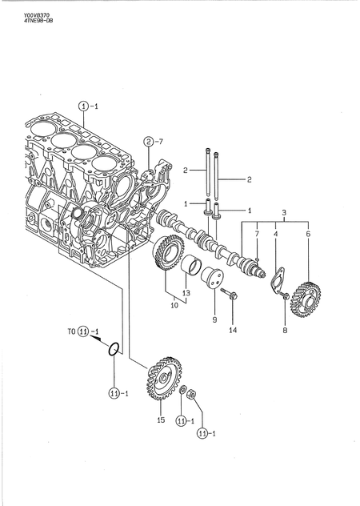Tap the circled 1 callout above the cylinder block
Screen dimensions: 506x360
[83, 106]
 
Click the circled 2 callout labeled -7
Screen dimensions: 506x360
[149, 143]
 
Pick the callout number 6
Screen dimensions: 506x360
[308, 234]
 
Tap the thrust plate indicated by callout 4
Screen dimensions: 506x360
[277, 282]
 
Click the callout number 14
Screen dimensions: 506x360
[233, 329]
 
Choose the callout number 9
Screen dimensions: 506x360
[214, 319]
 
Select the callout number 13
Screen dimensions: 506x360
[186, 293]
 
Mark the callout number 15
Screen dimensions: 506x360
[160, 420]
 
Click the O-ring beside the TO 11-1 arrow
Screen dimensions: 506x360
[115, 348]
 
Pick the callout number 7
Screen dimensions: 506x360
[257, 234]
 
